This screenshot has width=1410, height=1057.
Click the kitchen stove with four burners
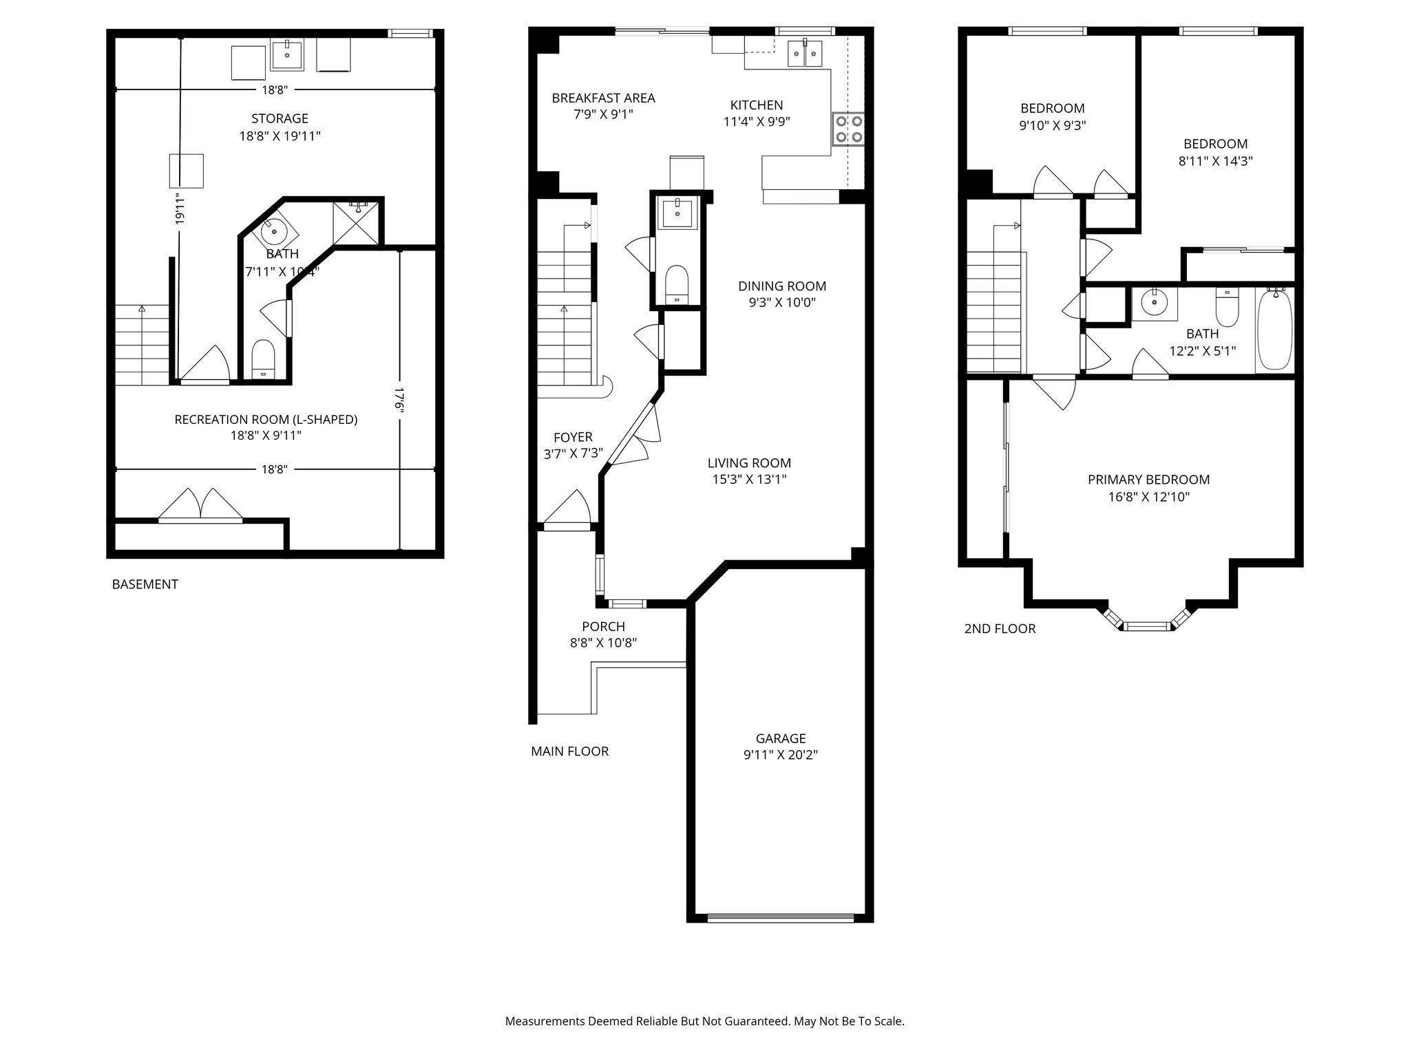click(x=848, y=129)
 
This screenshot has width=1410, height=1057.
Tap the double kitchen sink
click(x=805, y=53)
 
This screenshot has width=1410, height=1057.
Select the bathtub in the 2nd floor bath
click(x=1275, y=330)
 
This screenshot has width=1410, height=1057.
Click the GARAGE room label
click(x=780, y=738)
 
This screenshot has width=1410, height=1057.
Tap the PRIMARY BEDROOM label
click(x=1148, y=480)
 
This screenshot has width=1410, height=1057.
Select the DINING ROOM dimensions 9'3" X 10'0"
click(x=782, y=302)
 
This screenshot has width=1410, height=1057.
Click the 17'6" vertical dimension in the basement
click(x=398, y=398)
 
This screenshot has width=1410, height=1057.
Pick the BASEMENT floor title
click(x=145, y=584)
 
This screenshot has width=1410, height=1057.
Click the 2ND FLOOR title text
click(x=1000, y=628)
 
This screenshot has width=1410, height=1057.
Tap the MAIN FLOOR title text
click(x=569, y=751)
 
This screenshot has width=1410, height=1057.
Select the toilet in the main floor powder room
click(x=677, y=284)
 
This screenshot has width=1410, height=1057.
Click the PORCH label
click(x=603, y=626)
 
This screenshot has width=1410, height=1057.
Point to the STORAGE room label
click(x=280, y=118)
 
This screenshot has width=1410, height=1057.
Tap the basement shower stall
click(x=356, y=223)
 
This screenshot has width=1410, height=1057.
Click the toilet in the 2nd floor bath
click(x=1227, y=308)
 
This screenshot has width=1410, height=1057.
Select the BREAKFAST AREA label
click(x=603, y=98)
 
